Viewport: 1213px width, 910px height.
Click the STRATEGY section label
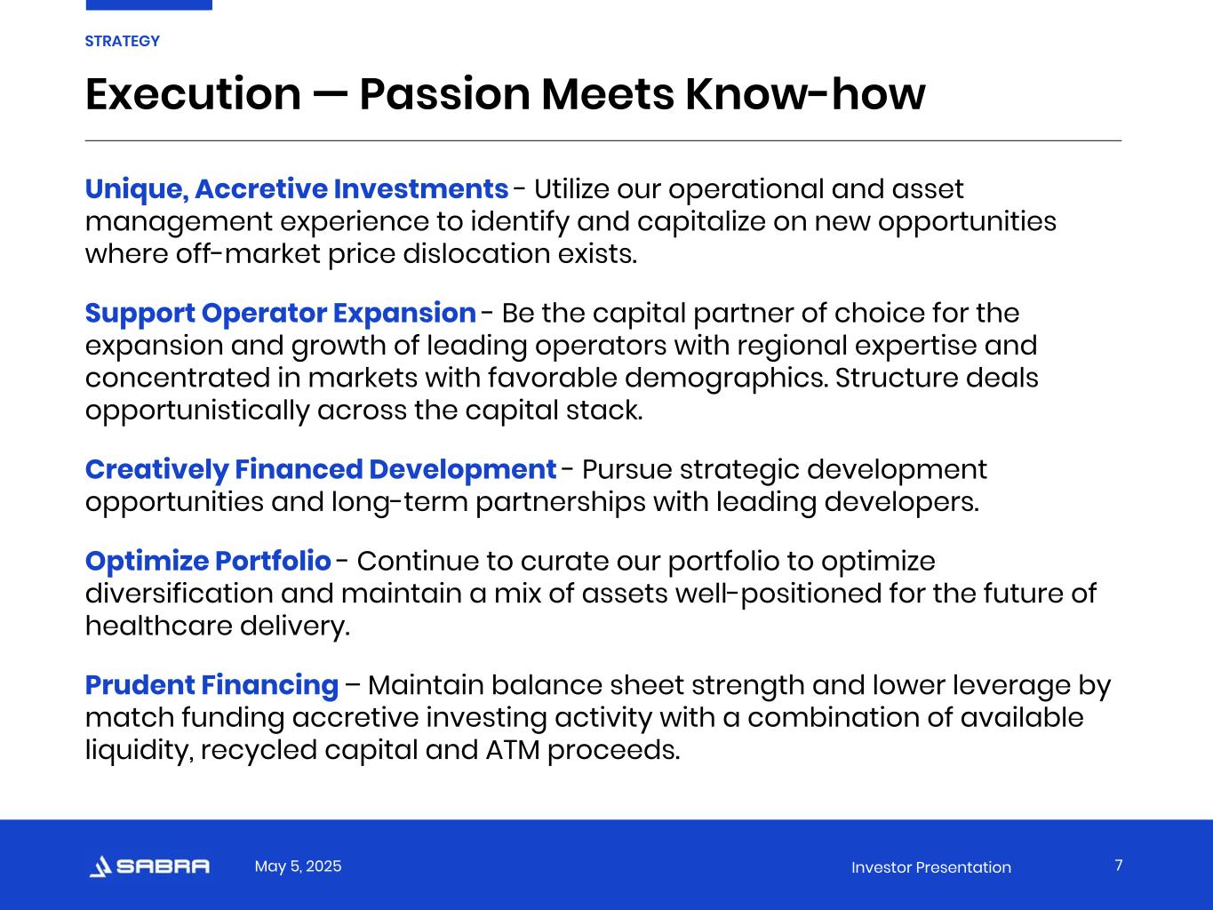point(122,41)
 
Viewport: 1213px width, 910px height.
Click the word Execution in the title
point(194,94)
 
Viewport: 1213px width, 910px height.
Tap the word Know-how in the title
point(805,94)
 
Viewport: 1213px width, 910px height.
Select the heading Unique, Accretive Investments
point(297,189)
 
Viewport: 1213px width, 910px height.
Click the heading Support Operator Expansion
point(281,314)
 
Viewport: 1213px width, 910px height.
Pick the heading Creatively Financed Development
point(321,469)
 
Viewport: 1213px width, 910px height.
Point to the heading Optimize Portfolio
point(208,562)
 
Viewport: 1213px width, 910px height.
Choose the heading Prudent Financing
point(211,685)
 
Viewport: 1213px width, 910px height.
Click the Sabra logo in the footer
point(149,866)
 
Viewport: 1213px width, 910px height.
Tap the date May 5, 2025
point(298,866)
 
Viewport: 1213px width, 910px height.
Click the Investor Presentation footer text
point(931,867)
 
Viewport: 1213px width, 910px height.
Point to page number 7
point(1119,865)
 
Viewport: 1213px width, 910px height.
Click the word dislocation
point(476,254)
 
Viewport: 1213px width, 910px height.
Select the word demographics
point(727,379)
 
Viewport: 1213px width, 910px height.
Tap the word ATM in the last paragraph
point(513,750)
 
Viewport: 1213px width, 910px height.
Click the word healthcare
point(158,626)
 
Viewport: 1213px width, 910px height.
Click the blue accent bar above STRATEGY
point(149,5)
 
